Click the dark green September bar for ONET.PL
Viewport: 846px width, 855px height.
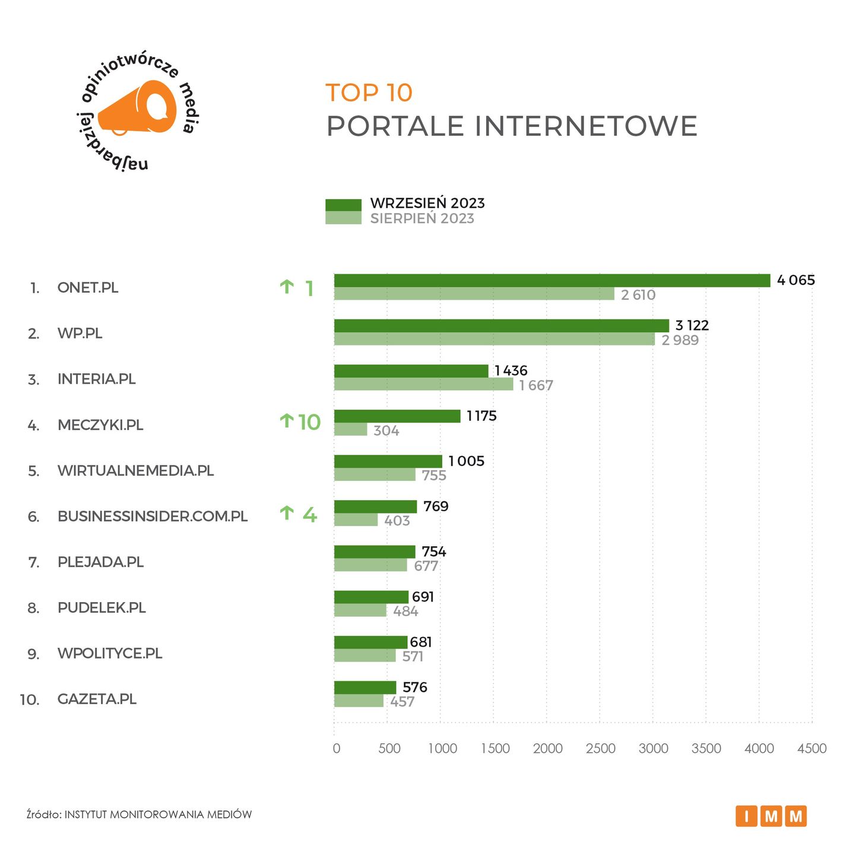[x=552, y=280]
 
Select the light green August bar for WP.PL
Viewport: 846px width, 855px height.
[x=494, y=339]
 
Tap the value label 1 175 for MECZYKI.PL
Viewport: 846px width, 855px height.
[x=481, y=416]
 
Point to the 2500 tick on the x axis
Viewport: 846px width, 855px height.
[x=600, y=748]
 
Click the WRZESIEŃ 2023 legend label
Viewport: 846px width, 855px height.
[x=427, y=203]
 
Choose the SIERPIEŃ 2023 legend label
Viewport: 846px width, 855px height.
[x=422, y=218]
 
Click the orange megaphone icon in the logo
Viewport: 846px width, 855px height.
[x=139, y=109]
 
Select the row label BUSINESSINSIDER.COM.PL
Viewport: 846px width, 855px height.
[x=153, y=516]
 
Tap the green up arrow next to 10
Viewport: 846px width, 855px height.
[x=287, y=421]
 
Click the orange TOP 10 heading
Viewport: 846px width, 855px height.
[x=369, y=93]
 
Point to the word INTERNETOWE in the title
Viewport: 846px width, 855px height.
[x=586, y=126]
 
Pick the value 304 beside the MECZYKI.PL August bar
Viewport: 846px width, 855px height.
[x=386, y=430]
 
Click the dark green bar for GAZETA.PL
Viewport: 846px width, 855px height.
[x=365, y=688]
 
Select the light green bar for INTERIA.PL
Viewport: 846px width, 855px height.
[x=423, y=385]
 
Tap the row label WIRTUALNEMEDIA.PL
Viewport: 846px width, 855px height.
[x=135, y=471]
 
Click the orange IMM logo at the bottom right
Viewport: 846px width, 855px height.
[x=771, y=816]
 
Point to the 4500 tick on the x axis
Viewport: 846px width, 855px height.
[x=812, y=748]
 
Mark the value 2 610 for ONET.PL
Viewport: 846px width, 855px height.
[x=638, y=295]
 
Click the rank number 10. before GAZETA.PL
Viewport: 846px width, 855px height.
[x=30, y=699]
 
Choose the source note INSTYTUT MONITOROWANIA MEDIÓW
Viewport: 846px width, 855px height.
[x=158, y=815]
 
